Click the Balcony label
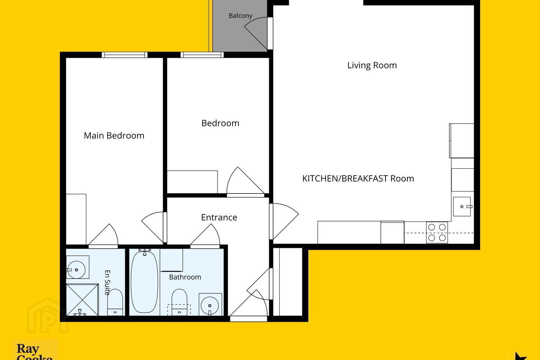pyautogui.click(x=240, y=16)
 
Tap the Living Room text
pyautogui.click(x=372, y=65)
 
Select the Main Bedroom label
pyautogui.click(x=114, y=135)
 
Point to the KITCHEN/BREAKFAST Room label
pyautogui.click(x=358, y=178)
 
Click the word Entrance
pyautogui.click(x=219, y=217)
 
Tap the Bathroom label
pyautogui.click(x=185, y=277)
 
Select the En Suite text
pyautogui.click(x=108, y=283)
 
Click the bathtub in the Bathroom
pyautogui.click(x=144, y=282)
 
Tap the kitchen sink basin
pyautogui.click(x=462, y=207)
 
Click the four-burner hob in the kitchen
pyautogui.click(x=437, y=232)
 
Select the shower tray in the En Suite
pyautogui.click(x=82, y=300)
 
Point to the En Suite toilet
pyautogui.click(x=115, y=302)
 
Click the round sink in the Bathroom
pyautogui.click(x=210, y=305)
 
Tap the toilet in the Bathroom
pyautogui.click(x=179, y=302)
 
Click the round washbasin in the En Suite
pyautogui.click(x=76, y=270)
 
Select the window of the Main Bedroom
pyautogui.click(x=124, y=55)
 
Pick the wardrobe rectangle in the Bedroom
pyautogui.click(x=192, y=182)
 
